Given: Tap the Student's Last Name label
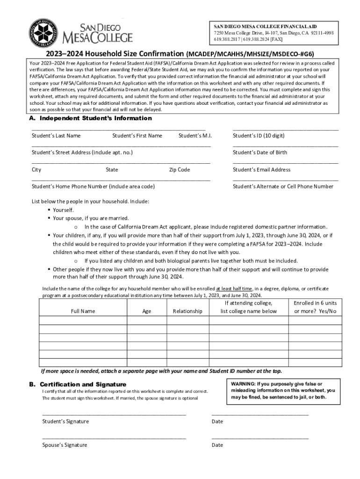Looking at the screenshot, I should [56, 136].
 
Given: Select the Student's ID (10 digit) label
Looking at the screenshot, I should [259, 136].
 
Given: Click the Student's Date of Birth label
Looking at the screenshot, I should [260, 152].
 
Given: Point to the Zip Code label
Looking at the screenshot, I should [180, 170].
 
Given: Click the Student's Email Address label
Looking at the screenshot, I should [261, 170].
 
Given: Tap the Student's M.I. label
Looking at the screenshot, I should [195, 136].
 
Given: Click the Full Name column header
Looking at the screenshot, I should [83, 311].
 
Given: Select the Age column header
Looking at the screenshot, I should [147, 311].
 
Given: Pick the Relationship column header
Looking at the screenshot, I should [187, 311].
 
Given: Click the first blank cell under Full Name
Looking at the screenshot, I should [83, 320].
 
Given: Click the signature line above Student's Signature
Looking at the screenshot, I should [114, 414].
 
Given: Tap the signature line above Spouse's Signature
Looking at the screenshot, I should [114, 438].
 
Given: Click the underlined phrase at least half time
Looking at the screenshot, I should [234, 289].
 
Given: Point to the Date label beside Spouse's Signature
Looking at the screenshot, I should [217, 445].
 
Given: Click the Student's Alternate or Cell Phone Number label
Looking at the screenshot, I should [283, 187].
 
